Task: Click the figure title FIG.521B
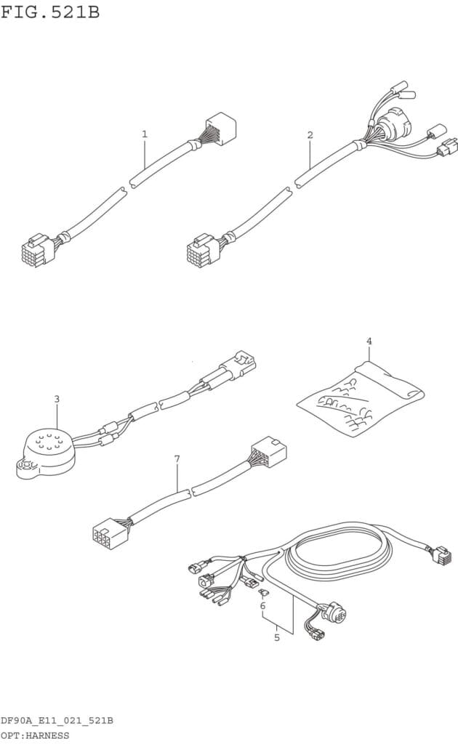coord(50,12)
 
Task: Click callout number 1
coord(145,134)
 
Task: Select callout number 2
coord(310,135)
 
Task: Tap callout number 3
coord(57,399)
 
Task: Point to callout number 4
coord(369,341)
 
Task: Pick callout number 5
coord(276,638)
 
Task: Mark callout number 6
coord(262,605)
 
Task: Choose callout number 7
coord(177,458)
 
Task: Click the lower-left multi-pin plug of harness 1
coord(34,251)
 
